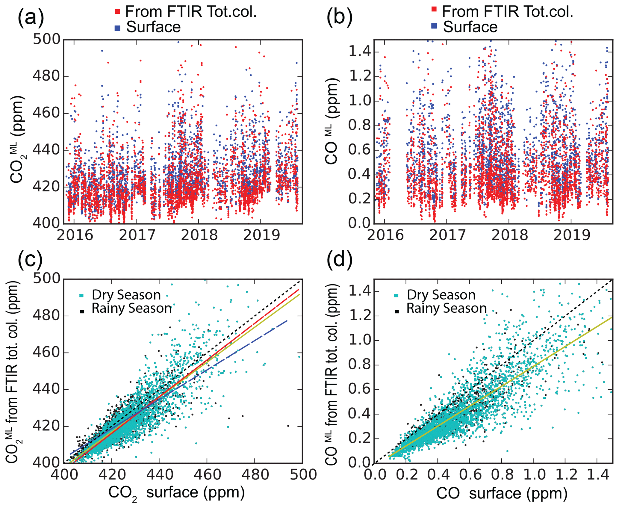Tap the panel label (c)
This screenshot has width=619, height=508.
coord(30,259)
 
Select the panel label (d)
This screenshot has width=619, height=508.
coord(339,259)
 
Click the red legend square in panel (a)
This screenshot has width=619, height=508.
coord(117,12)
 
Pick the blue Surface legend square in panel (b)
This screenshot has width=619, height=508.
coord(434,26)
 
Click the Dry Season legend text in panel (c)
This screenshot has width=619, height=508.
coord(126,295)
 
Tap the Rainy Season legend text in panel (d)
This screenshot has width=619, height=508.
coord(446,309)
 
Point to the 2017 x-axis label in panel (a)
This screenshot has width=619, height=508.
coord(137,235)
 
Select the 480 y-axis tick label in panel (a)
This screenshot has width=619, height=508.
coord(46,76)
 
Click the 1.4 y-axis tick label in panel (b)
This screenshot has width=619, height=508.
coord(359,52)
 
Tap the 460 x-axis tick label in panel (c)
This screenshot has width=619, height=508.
coord(207,475)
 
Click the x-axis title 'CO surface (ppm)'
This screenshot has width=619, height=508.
coord(502,494)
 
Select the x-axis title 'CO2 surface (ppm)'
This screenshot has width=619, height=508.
coord(176,493)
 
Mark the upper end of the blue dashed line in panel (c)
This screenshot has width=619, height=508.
coord(287,321)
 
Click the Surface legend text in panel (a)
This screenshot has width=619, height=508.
coord(153,27)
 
